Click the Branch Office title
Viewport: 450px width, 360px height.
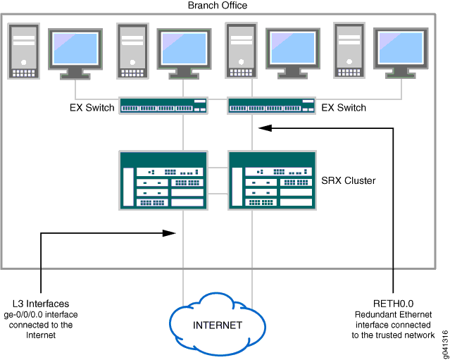(218, 6)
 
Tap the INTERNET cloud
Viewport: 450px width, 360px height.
(218, 325)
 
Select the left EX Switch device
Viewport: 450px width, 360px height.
(163, 106)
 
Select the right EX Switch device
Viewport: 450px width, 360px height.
(271, 106)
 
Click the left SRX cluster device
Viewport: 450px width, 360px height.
(163, 180)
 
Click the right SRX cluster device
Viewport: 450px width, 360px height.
(271, 180)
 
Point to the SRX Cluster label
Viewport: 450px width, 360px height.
(348, 180)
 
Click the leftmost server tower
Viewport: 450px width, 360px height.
(24, 50)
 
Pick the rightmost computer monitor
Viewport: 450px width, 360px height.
(400, 51)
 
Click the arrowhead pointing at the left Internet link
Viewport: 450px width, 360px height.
(170, 232)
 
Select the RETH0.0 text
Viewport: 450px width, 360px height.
(393, 303)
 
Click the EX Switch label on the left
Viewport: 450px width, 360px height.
(92, 108)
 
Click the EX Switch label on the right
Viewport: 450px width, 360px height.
(344, 108)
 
